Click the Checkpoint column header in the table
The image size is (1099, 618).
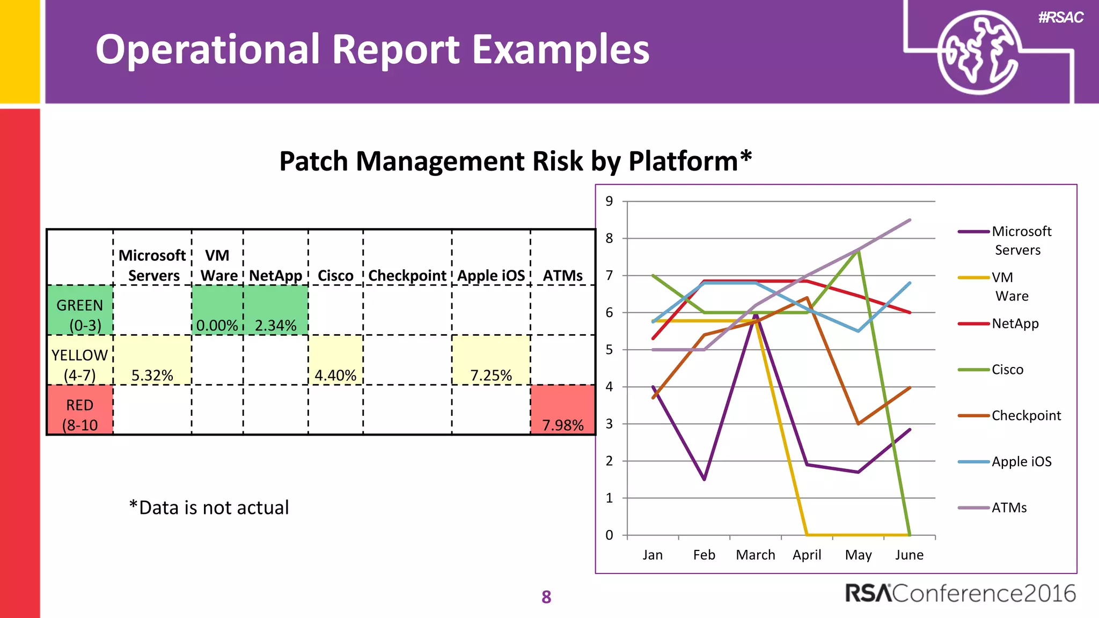pyautogui.click(x=407, y=275)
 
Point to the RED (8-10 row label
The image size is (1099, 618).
pyautogui.click(x=80, y=414)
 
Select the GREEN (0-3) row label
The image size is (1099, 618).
pyautogui.click(x=80, y=314)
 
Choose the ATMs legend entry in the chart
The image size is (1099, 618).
pyautogui.click(x=1008, y=507)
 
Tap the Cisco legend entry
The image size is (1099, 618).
pyautogui.click(x=1007, y=370)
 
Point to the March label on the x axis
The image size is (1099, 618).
pyautogui.click(x=755, y=555)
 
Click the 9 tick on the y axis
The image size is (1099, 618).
pyautogui.click(x=609, y=201)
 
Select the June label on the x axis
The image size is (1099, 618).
pyautogui.click(x=909, y=555)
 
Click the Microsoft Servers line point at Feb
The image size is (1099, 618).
pyautogui.click(x=704, y=479)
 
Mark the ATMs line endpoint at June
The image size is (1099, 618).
pyautogui.click(x=910, y=220)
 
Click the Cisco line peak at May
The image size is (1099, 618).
pyautogui.click(x=859, y=251)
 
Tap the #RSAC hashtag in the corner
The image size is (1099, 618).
pyautogui.click(x=1060, y=18)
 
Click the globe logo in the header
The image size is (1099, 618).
pyautogui.click(x=978, y=52)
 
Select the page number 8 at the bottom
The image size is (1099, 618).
pyautogui.click(x=546, y=597)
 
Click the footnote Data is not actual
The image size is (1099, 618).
pyautogui.click(x=209, y=507)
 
